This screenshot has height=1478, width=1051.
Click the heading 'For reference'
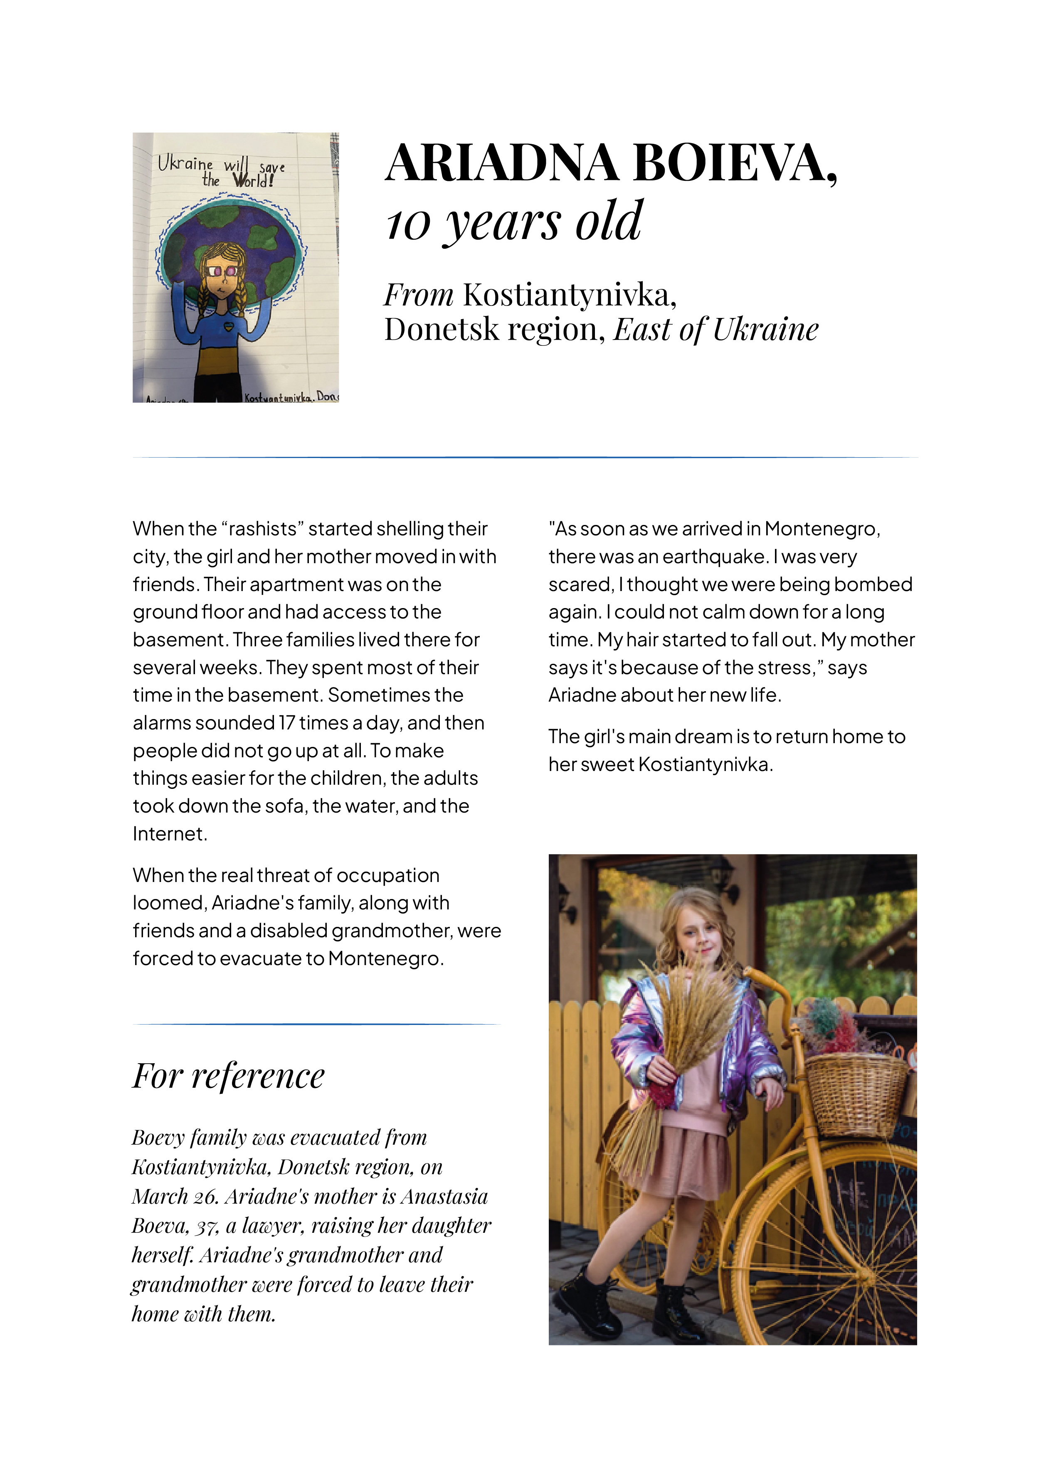coord(228,1076)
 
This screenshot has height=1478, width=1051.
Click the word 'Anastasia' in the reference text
coord(444,1197)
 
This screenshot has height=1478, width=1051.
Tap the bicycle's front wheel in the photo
coord(831,1268)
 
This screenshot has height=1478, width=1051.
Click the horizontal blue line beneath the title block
coord(525,457)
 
